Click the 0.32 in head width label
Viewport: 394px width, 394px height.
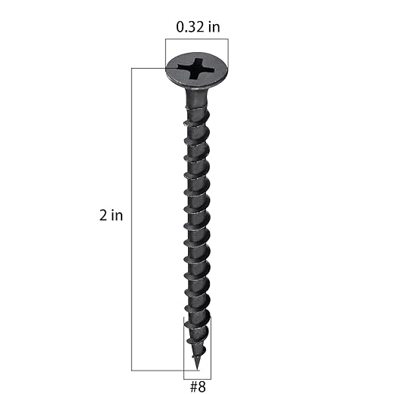[x=198, y=28]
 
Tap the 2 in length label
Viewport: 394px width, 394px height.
[x=111, y=215]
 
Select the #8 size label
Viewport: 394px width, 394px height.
[x=197, y=385]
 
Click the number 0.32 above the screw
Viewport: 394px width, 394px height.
[x=190, y=28]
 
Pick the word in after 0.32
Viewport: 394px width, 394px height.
[x=214, y=28]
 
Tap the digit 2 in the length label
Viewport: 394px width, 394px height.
[x=103, y=215]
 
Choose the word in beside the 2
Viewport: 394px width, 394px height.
[x=116, y=215]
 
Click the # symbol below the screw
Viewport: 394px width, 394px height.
[x=192, y=385]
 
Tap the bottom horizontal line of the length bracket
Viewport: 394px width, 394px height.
[x=159, y=370]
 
